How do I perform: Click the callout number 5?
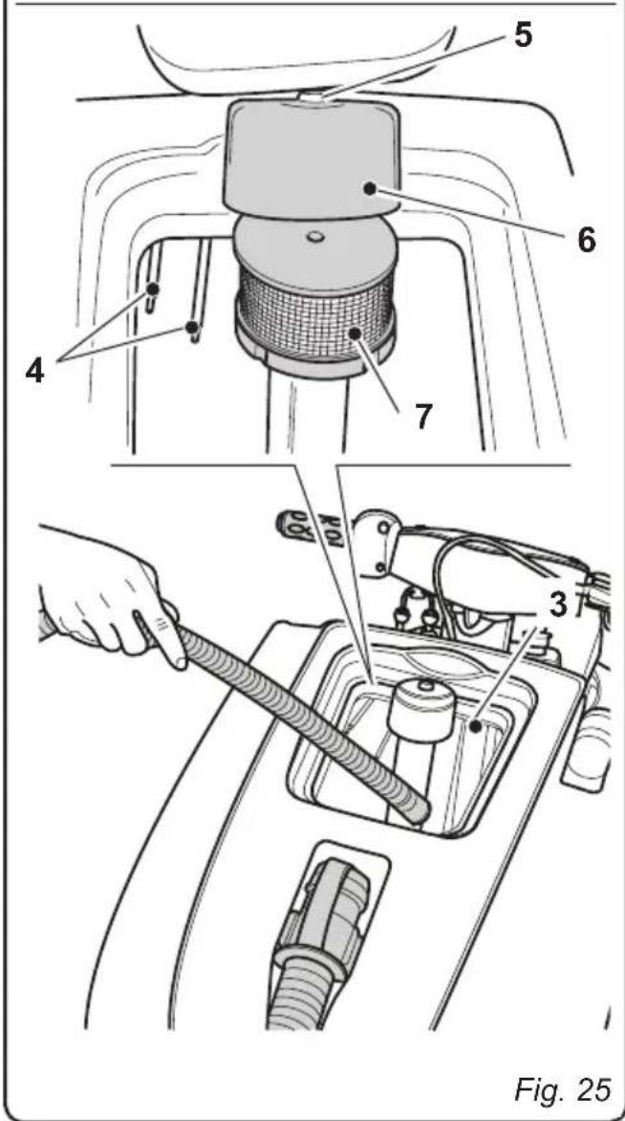(x=524, y=35)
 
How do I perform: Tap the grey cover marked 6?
(x=312, y=158)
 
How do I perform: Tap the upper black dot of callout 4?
(x=153, y=289)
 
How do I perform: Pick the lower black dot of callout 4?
(x=192, y=328)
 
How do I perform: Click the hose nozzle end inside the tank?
(x=418, y=810)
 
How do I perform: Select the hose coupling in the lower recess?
(x=325, y=916)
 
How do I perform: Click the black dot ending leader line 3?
(x=474, y=726)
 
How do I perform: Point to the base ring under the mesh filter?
(x=314, y=357)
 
